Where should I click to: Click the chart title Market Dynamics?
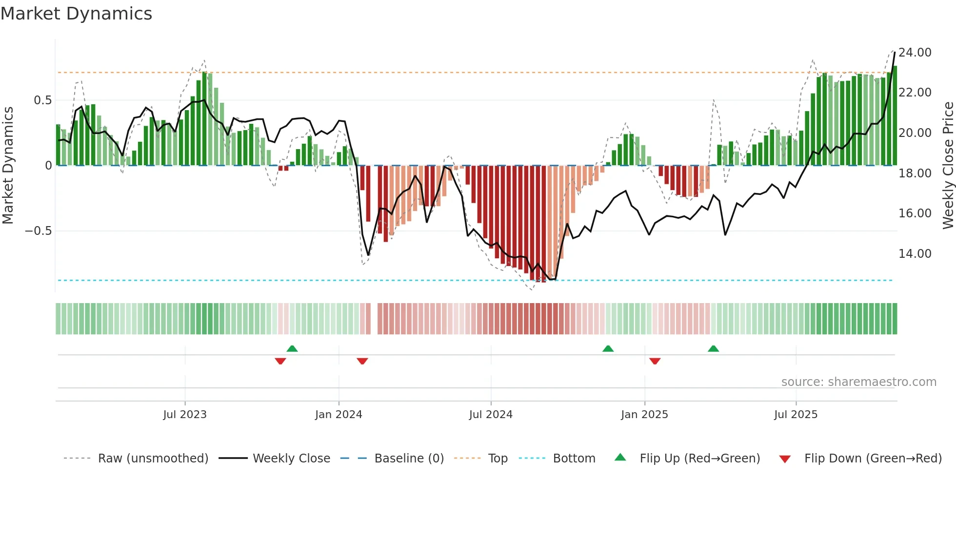point(76,14)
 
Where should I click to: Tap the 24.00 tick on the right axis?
point(915,53)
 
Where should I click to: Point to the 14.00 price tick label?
point(915,254)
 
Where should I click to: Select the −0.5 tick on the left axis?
point(39,231)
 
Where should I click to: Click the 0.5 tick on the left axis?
point(42,100)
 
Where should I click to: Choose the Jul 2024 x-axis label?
point(491,415)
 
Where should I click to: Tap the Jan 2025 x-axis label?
point(644,415)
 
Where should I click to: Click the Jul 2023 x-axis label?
point(185,415)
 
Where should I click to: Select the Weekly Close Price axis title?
point(948,166)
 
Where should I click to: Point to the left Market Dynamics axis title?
point(8,166)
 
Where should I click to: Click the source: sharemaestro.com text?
point(858,382)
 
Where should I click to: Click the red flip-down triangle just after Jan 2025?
point(655,361)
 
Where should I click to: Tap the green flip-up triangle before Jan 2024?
point(292,348)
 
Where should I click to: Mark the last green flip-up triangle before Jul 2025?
point(713,348)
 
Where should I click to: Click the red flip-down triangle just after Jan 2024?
point(362,361)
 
